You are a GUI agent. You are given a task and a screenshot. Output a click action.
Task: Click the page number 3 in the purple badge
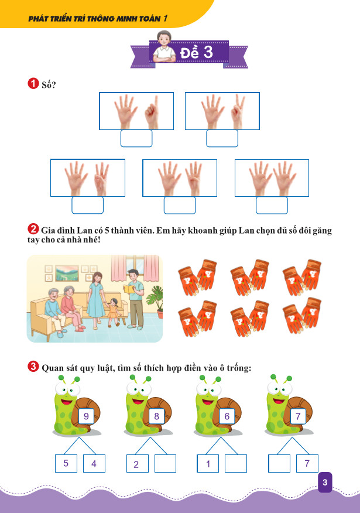(x=325, y=482)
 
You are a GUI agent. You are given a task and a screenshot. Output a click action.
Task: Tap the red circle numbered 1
(x=33, y=83)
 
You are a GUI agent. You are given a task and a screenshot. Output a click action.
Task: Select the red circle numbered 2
(x=33, y=229)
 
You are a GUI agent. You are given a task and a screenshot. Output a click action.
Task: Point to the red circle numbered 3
(x=33, y=366)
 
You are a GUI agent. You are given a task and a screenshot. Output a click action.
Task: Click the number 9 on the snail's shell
(x=86, y=416)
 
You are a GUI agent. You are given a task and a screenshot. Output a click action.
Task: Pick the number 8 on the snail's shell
(x=157, y=416)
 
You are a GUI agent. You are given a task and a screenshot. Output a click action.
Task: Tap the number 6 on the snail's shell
(x=227, y=416)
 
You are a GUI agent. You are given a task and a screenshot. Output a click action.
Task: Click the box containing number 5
(x=66, y=463)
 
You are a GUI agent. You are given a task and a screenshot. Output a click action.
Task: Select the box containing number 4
(x=94, y=463)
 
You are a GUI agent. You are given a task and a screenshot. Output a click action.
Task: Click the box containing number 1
(x=208, y=463)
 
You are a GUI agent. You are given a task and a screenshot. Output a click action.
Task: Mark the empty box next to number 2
(x=165, y=463)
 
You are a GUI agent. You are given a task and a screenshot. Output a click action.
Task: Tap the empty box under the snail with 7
(x=279, y=463)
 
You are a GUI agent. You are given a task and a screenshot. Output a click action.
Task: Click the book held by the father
(x=129, y=289)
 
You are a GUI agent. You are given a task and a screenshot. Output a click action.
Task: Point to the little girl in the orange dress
(x=113, y=312)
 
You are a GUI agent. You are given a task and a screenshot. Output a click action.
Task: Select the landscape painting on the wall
(x=67, y=273)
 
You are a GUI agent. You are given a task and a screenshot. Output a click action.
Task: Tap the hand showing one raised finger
(x=152, y=112)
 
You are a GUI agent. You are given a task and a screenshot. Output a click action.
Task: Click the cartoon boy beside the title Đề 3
(x=165, y=47)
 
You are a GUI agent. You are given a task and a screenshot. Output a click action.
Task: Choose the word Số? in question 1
(x=49, y=84)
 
